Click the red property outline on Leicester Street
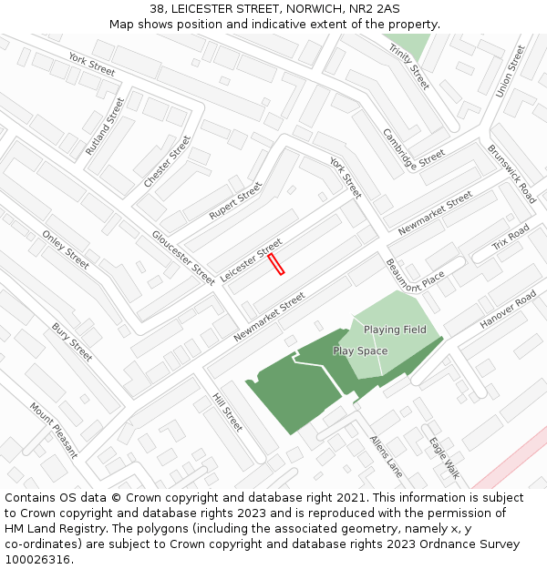(x=276, y=264)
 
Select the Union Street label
(x=511, y=72)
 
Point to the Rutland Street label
(x=105, y=126)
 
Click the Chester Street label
(x=168, y=162)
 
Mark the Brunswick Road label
(x=511, y=173)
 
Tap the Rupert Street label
(x=235, y=200)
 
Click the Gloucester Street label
(x=183, y=258)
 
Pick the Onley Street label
(x=66, y=249)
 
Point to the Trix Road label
(x=511, y=238)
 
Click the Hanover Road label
(x=509, y=310)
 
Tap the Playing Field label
(x=395, y=330)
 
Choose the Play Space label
(x=360, y=351)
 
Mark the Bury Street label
(x=72, y=341)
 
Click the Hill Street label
(x=227, y=412)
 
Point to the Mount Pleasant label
(x=54, y=431)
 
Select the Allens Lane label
(x=386, y=455)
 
